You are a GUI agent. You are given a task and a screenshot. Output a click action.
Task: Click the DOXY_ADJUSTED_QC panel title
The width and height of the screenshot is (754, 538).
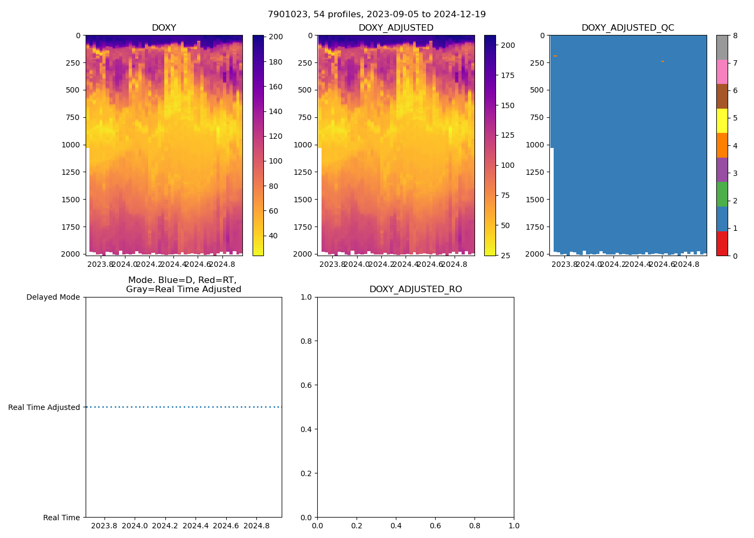click(627, 28)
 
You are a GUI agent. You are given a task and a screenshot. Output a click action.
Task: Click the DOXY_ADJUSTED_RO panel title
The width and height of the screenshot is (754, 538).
click(415, 289)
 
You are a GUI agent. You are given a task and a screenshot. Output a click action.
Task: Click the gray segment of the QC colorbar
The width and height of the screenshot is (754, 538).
click(722, 47)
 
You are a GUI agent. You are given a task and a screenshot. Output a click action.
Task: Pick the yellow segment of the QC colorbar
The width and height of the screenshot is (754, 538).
click(722, 121)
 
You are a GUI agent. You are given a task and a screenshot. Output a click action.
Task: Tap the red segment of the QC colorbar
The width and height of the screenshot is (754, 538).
click(722, 243)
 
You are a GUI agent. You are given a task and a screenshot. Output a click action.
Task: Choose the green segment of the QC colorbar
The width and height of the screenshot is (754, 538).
click(722, 194)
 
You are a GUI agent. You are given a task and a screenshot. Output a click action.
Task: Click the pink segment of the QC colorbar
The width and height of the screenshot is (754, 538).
click(722, 72)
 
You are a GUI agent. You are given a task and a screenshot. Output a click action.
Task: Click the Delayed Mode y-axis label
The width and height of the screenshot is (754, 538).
click(53, 297)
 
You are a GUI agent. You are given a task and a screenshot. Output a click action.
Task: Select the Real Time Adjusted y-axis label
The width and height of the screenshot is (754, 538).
click(44, 407)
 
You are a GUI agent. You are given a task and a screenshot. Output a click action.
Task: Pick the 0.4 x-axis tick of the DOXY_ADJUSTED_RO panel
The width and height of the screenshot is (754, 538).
click(396, 526)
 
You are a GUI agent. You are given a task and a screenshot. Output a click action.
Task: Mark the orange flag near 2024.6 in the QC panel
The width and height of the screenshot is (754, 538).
click(662, 61)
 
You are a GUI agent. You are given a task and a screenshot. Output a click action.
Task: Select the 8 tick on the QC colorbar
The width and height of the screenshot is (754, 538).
click(735, 36)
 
